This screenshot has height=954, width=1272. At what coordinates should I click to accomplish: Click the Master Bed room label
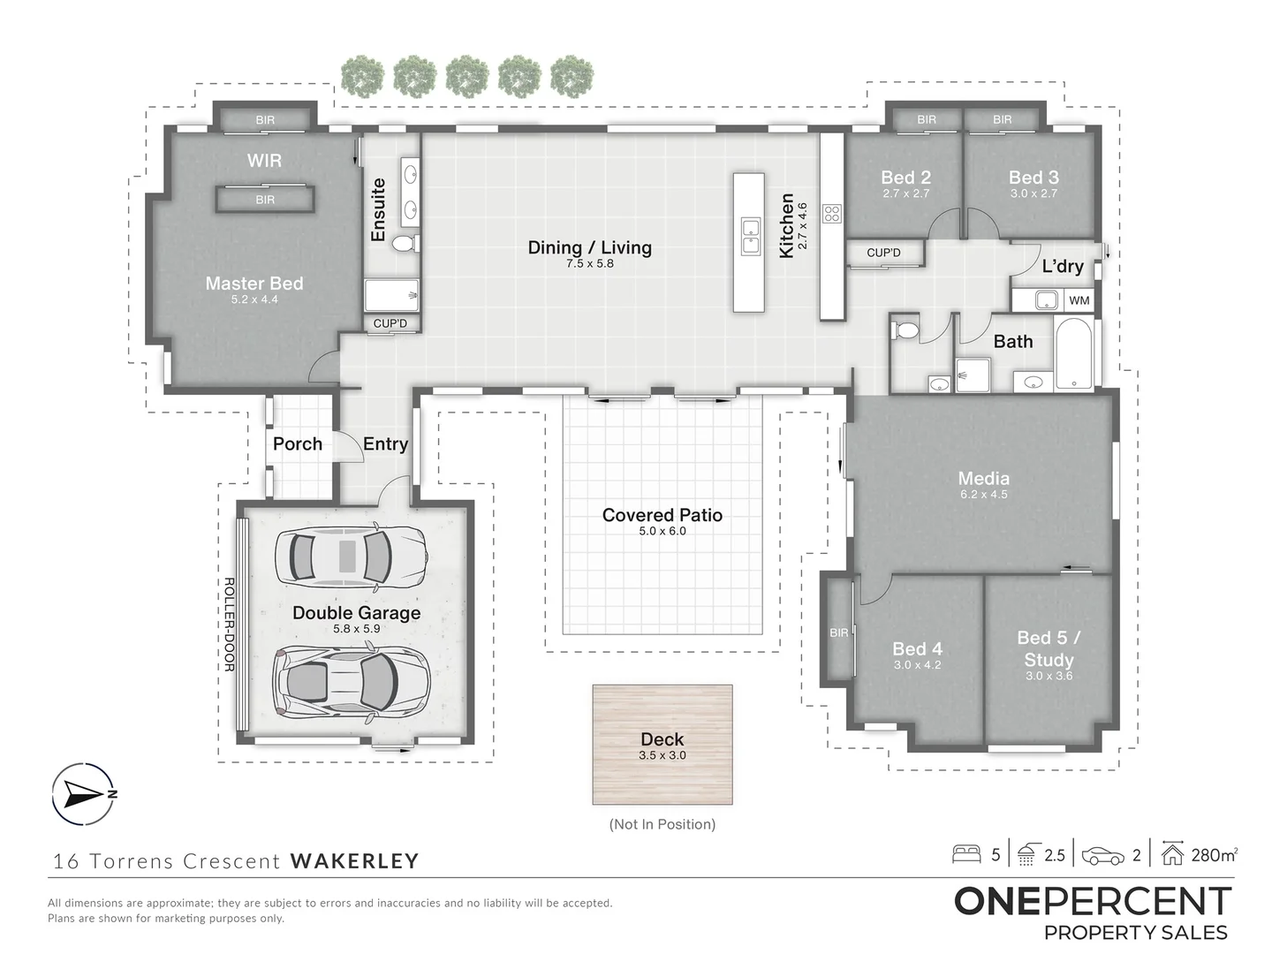tap(254, 284)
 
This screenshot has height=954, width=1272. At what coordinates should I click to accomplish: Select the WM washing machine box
tap(1079, 300)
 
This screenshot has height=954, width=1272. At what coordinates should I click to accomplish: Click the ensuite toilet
tap(405, 243)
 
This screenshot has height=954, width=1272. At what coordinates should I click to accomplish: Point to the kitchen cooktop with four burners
tap(832, 213)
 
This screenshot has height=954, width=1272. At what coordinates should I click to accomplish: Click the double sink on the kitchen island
tap(750, 236)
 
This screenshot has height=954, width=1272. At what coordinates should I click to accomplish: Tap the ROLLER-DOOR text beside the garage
tap(228, 625)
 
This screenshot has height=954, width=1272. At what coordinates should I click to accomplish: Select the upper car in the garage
tap(352, 556)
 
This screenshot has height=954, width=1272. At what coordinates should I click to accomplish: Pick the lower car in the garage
tap(352, 681)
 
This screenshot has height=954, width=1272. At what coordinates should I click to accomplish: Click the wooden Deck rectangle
tap(662, 745)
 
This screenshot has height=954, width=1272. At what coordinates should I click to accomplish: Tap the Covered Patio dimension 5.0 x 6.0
tap(662, 531)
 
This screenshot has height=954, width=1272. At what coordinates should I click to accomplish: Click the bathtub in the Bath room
tap(1074, 353)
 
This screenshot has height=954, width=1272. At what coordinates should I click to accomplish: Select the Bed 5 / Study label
tap(1049, 648)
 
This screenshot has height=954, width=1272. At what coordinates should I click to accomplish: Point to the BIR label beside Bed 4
tap(838, 632)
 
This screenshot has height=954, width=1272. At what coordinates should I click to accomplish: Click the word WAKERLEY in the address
tap(354, 860)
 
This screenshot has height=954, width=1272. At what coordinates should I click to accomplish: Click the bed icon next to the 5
tap(966, 854)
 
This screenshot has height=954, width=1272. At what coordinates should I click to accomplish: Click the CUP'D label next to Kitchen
tap(883, 253)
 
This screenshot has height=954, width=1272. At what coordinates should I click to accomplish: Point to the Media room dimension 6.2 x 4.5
tap(983, 495)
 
